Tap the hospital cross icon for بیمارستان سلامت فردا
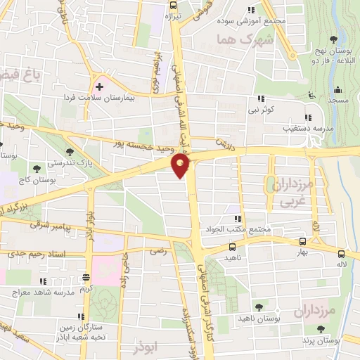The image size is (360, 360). click(99, 86)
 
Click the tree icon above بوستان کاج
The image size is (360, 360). click(35, 167)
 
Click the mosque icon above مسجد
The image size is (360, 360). click(338, 89)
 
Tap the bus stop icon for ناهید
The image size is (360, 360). click(232, 247)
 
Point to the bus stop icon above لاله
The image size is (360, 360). click(341, 255)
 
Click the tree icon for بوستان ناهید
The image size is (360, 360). click(259, 307)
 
